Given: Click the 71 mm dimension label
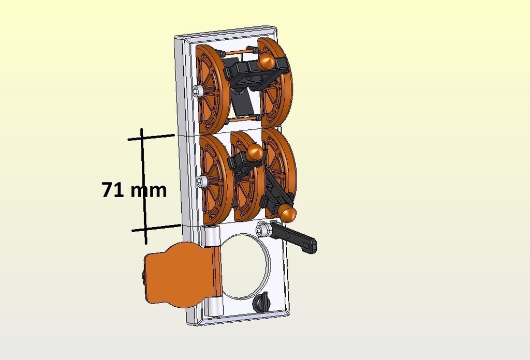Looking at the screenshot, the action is coord(134,190).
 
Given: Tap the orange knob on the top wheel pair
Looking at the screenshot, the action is coord(267,62).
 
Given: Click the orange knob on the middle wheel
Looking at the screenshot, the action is coord(255,153).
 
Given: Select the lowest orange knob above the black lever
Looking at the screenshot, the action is coord(287,213).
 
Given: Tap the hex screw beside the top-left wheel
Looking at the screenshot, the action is coord(197,91).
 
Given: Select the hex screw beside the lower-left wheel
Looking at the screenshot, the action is coord(201,182).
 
